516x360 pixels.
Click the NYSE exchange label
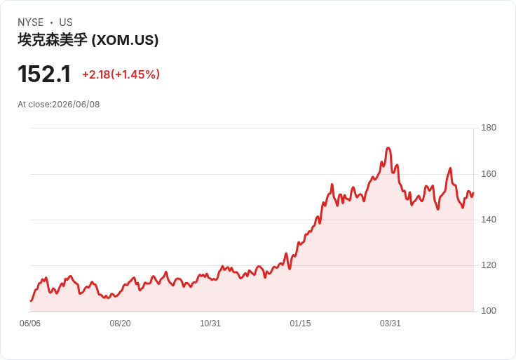click(x=31, y=22)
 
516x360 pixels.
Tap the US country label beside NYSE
click(x=66, y=22)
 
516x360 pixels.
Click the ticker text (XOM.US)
click(x=125, y=40)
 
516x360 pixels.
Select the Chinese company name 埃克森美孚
click(x=53, y=40)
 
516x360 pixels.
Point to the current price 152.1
click(x=44, y=74)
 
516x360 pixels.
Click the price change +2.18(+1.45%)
click(x=121, y=74)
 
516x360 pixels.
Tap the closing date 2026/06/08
click(x=76, y=105)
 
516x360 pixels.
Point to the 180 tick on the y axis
click(x=489, y=128)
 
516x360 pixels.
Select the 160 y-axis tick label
click(x=489, y=174)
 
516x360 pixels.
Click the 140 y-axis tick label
click(x=489, y=220)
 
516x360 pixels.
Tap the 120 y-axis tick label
click(x=489, y=265)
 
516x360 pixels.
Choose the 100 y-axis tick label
click(x=489, y=311)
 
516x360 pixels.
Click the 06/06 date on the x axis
click(x=30, y=324)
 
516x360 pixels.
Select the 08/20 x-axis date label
click(x=120, y=324)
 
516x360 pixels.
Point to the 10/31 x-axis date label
click(x=210, y=324)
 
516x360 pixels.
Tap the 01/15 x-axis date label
click(x=300, y=324)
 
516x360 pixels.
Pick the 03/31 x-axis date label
click(x=391, y=324)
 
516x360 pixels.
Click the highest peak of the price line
click(x=388, y=147)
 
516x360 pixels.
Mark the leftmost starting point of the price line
click(x=31, y=301)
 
